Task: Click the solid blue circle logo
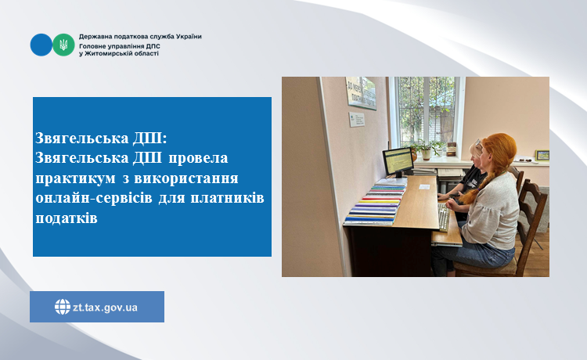[41, 45]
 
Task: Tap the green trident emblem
[63, 45]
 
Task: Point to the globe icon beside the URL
[62, 307]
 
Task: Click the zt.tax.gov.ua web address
[105, 308]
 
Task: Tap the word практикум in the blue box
[76, 178]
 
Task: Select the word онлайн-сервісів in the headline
[94, 197]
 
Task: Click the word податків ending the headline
[67, 218]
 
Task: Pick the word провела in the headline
[198, 158]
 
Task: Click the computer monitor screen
[398, 160]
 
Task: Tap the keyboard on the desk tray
[444, 218]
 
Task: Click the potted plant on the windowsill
[427, 149]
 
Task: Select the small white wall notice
[356, 120]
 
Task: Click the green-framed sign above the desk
[361, 93]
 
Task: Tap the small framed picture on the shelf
[542, 155]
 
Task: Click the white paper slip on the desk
[424, 186]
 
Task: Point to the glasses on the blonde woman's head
[478, 143]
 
